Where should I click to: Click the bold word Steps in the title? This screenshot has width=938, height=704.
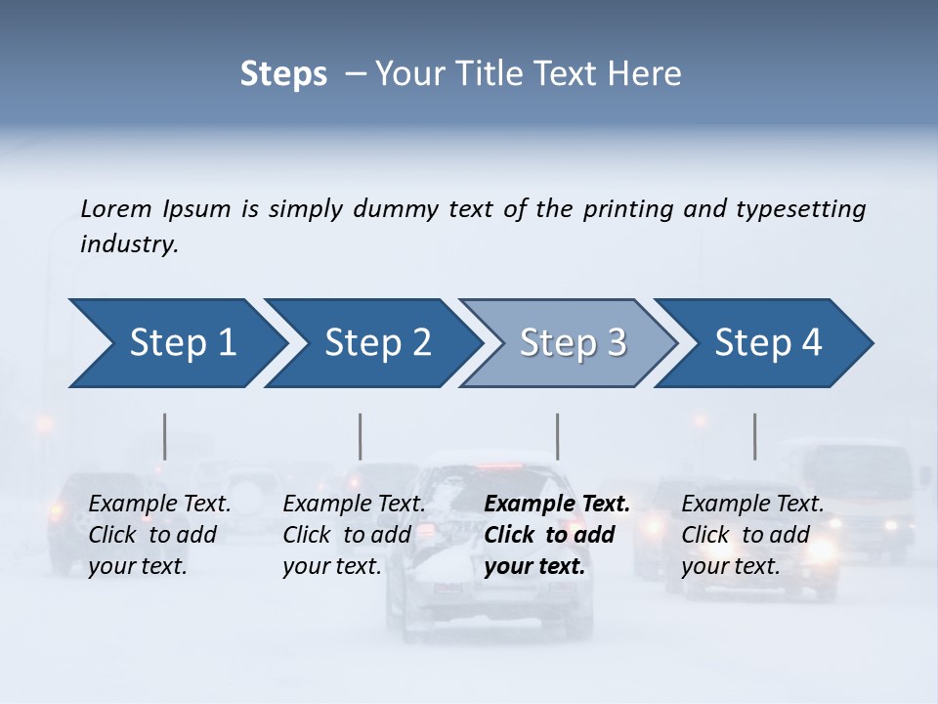(x=283, y=74)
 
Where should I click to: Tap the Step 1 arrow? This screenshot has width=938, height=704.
(x=177, y=342)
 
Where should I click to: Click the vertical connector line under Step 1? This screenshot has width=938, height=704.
(x=165, y=436)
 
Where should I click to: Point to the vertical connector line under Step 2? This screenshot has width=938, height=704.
(x=361, y=436)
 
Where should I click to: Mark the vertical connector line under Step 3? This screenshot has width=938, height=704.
(x=557, y=436)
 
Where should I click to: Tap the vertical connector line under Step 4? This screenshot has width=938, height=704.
(x=754, y=436)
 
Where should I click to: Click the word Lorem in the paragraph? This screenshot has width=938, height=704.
(x=116, y=208)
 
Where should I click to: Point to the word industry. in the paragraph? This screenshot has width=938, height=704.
(x=129, y=243)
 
